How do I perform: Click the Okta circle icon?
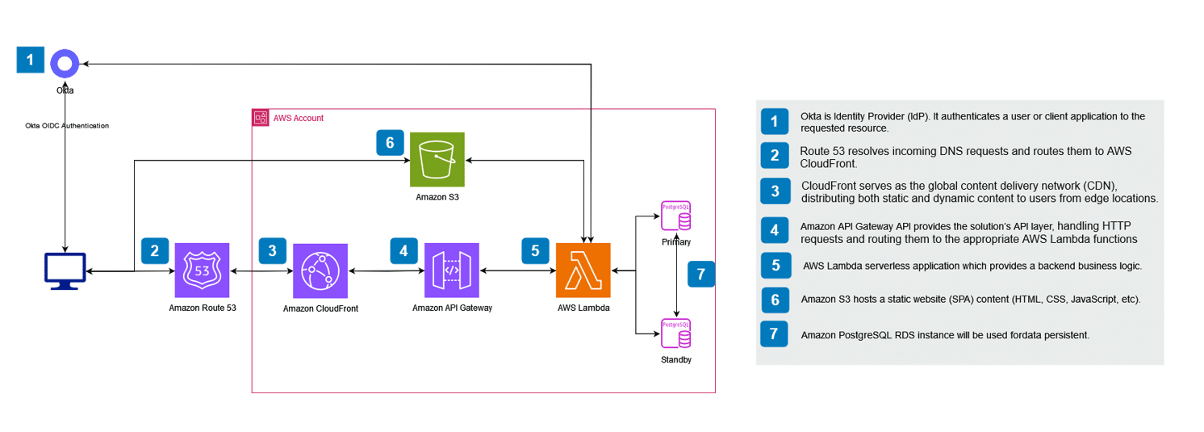tap(65, 63)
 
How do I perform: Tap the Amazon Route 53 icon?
tap(202, 271)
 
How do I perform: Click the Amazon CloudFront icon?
tap(320, 271)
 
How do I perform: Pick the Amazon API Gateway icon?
tap(451, 271)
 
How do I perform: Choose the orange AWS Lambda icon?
tap(583, 271)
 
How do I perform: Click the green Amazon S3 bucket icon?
tap(437, 160)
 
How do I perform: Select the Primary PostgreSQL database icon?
tap(675, 216)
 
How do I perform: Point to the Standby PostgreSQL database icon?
tap(675, 333)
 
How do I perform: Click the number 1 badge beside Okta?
tap(31, 60)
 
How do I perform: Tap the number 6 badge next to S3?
tap(390, 143)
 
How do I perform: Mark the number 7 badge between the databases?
tap(700, 274)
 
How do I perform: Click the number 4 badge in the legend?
tap(775, 230)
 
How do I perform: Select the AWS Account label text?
tap(299, 118)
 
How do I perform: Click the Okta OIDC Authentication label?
tap(67, 126)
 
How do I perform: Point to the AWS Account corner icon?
tap(261, 118)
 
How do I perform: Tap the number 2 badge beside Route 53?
tap(154, 250)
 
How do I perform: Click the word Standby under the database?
tap(675, 360)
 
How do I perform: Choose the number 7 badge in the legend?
tap(775, 333)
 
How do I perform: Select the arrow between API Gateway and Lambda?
tap(517, 271)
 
